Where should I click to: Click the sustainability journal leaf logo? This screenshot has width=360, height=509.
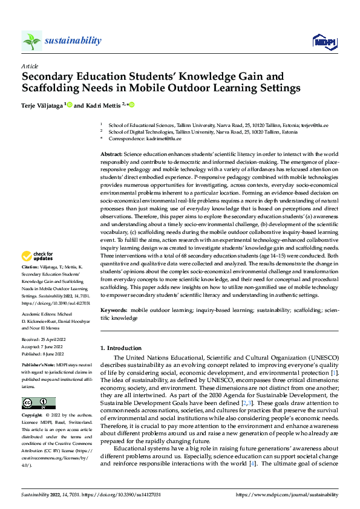tap(31, 41)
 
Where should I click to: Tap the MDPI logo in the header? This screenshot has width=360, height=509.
tap(322, 41)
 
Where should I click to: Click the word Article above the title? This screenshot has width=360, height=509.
tap(30, 66)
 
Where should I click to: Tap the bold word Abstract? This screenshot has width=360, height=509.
tap(111, 155)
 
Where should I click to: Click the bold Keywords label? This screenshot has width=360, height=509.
tap(113, 310)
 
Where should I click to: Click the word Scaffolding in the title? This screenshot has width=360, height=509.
tap(52, 88)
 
